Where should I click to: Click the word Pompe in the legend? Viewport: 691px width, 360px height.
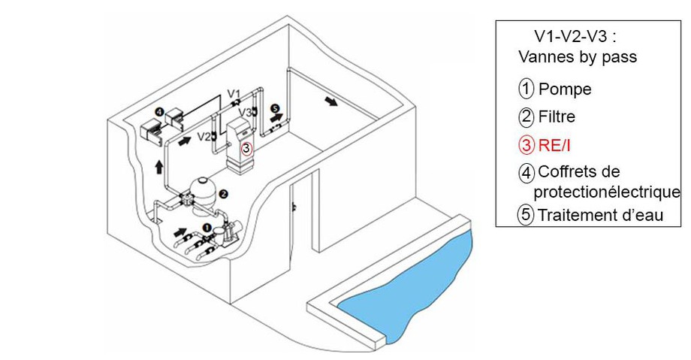pos(565,89)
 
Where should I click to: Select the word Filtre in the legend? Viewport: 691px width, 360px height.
pos(557,117)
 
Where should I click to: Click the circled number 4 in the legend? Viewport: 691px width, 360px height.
pos(527,173)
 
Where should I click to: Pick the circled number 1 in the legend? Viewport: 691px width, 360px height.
pos(527,89)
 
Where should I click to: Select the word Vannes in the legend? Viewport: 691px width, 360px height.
pos(545,57)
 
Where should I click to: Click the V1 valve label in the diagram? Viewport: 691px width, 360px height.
pos(234,93)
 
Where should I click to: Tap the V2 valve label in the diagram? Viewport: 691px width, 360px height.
pos(203,136)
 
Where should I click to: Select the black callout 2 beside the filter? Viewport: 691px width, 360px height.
pos(223,192)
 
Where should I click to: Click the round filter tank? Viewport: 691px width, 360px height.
pos(201,193)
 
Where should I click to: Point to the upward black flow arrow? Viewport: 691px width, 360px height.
pos(158,165)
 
